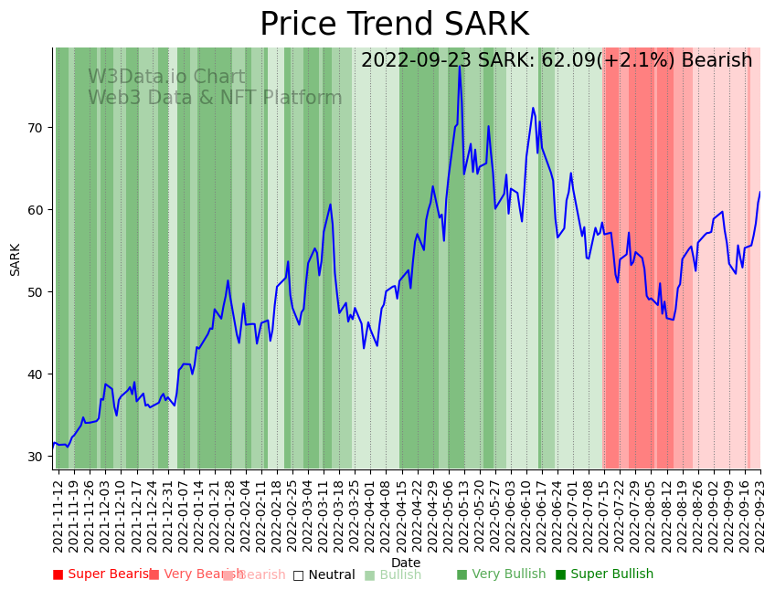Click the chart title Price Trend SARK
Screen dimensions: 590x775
(394, 25)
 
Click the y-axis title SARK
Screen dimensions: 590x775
(16, 258)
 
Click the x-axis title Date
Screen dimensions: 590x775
(406, 563)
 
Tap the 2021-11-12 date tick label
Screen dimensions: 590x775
(58, 514)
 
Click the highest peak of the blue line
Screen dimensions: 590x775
(460, 67)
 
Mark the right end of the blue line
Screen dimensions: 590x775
(759, 193)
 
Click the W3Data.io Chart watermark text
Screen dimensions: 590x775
(166, 78)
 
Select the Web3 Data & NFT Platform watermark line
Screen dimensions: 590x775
(215, 98)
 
